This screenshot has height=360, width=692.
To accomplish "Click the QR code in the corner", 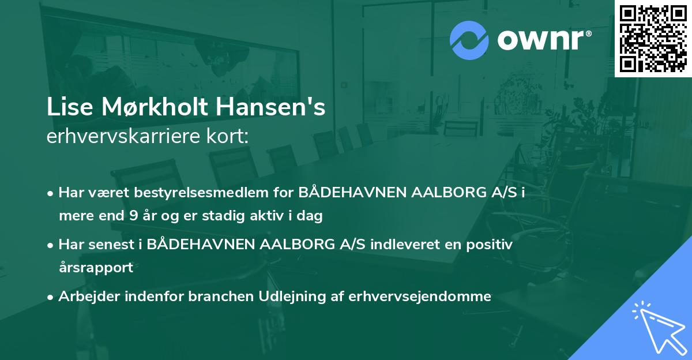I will pyautogui.click(x=653, y=39).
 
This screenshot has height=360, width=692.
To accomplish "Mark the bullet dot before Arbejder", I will pyautogui.click(x=51, y=297).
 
